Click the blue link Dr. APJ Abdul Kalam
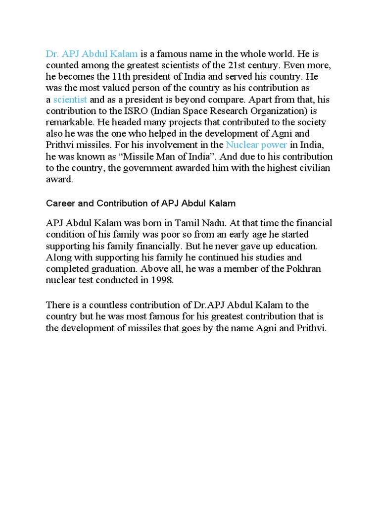pyautogui.click(x=92, y=53)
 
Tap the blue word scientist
pyautogui.click(x=70, y=100)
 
